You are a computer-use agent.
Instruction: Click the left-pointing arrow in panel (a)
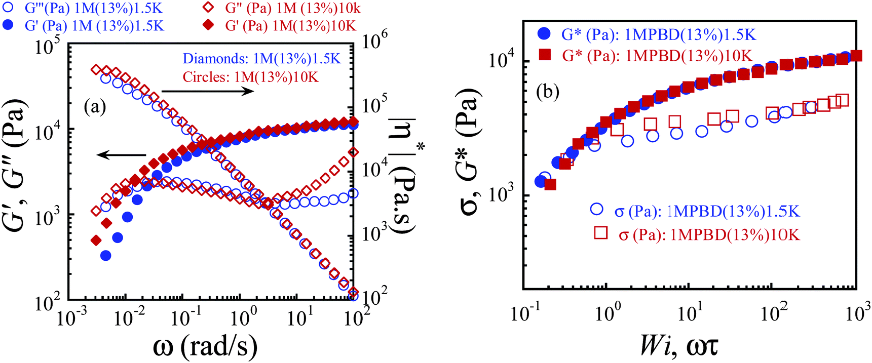tap(122, 155)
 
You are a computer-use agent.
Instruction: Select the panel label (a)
tap(95, 107)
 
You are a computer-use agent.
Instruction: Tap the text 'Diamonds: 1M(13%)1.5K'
tap(262, 59)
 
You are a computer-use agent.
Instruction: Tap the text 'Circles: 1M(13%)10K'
tap(251, 77)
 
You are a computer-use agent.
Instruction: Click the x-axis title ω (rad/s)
tap(205, 346)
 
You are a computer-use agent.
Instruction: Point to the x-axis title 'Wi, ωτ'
tap(678, 346)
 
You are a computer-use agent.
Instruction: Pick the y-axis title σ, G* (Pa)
tap(470, 152)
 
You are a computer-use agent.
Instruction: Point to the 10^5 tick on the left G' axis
tap(48, 47)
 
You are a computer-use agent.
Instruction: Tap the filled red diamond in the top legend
tap(207, 25)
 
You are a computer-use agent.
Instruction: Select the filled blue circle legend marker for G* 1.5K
tap(544, 34)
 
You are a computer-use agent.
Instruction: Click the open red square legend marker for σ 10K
tap(601, 232)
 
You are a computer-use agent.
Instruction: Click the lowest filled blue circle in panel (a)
tap(105, 256)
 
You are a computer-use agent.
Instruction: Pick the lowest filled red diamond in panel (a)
tap(96, 240)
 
